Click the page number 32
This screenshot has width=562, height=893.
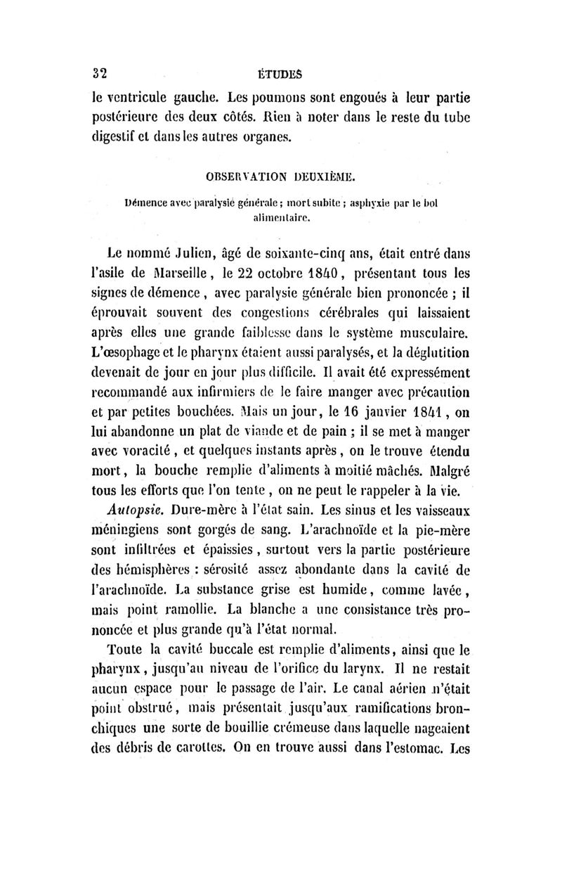pyautogui.click(x=105, y=72)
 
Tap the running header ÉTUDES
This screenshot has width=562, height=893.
pyautogui.click(x=285, y=72)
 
